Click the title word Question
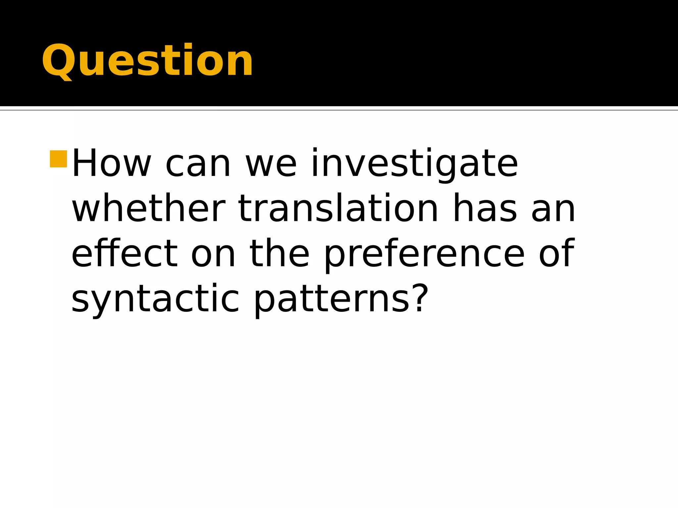click(x=147, y=61)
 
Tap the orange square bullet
click(x=59, y=159)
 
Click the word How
click(x=111, y=164)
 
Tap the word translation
click(x=338, y=209)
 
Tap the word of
click(x=556, y=254)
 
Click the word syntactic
click(x=155, y=299)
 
